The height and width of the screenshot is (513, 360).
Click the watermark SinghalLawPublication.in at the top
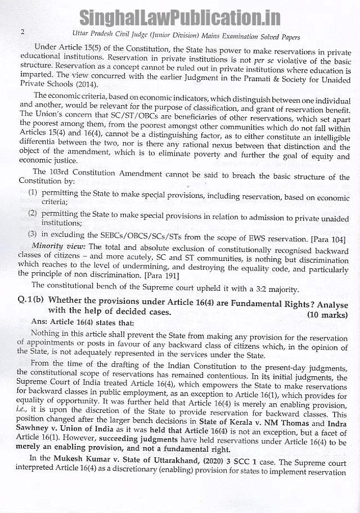pos(179,17)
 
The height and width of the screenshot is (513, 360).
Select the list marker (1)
pos(33,192)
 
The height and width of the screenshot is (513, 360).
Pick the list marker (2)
pos(33,214)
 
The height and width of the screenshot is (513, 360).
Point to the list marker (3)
pos(33,234)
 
